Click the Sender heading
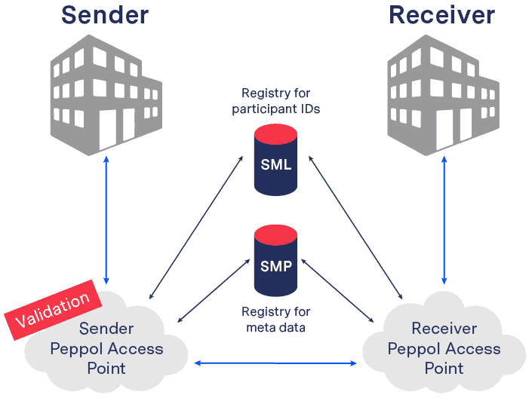click(105, 14)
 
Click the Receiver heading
click(441, 14)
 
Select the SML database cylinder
click(276, 163)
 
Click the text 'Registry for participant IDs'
click(276, 101)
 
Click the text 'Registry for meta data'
click(276, 318)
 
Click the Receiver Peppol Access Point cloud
click(443, 348)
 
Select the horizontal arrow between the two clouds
click(276, 363)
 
